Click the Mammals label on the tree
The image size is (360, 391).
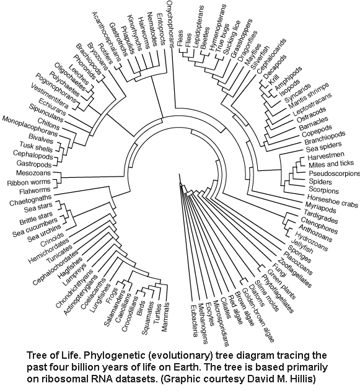coord(165,317)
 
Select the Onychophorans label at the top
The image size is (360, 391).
coord(170,24)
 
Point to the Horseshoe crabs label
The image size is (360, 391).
coord(332,201)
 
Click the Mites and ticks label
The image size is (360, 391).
coord(331,164)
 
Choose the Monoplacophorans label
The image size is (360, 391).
coord(30,126)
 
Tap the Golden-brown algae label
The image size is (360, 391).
coord(258,315)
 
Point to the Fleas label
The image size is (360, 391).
coord(180,38)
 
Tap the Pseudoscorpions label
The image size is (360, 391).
coord(335,174)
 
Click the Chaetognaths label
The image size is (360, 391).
coord(30,201)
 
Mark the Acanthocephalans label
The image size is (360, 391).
coord(107,37)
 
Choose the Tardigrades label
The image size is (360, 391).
coord(320,216)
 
